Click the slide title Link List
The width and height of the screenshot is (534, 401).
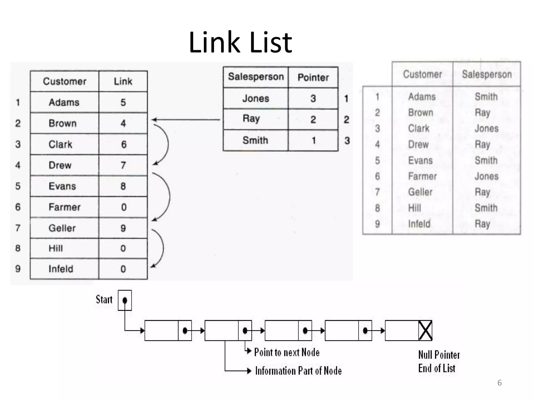pyautogui.click(x=240, y=42)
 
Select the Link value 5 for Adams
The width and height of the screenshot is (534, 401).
pyautogui.click(x=123, y=102)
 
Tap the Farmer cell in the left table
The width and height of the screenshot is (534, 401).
pyautogui.click(x=64, y=207)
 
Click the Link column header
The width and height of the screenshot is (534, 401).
pyautogui.click(x=123, y=81)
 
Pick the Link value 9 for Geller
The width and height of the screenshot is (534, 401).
pyautogui.click(x=123, y=228)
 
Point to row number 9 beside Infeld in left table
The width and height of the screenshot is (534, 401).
pyautogui.click(x=18, y=269)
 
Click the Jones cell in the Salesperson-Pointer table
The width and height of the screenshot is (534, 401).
pyautogui.click(x=256, y=98)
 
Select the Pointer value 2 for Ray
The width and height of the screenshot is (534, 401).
pyautogui.click(x=313, y=120)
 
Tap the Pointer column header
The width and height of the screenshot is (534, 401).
pyautogui.click(x=313, y=78)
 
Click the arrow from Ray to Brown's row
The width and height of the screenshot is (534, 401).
pyautogui.click(x=186, y=120)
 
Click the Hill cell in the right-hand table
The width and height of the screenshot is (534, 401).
pyautogui.click(x=415, y=208)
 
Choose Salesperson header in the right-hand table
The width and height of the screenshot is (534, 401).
pyautogui.click(x=487, y=74)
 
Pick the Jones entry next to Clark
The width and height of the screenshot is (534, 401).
pyautogui.click(x=487, y=128)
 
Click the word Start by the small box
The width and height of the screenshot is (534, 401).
pyautogui.click(x=104, y=299)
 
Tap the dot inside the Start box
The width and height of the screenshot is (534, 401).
pyautogui.click(x=125, y=300)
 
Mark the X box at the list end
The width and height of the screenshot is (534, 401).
pyautogui.click(x=425, y=331)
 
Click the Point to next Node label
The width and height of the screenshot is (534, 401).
pyautogui.click(x=287, y=352)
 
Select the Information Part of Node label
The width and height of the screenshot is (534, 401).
pyautogui.click(x=298, y=371)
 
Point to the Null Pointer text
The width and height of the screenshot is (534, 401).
pyautogui.click(x=439, y=355)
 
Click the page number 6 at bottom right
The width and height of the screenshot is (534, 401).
pyautogui.click(x=499, y=383)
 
